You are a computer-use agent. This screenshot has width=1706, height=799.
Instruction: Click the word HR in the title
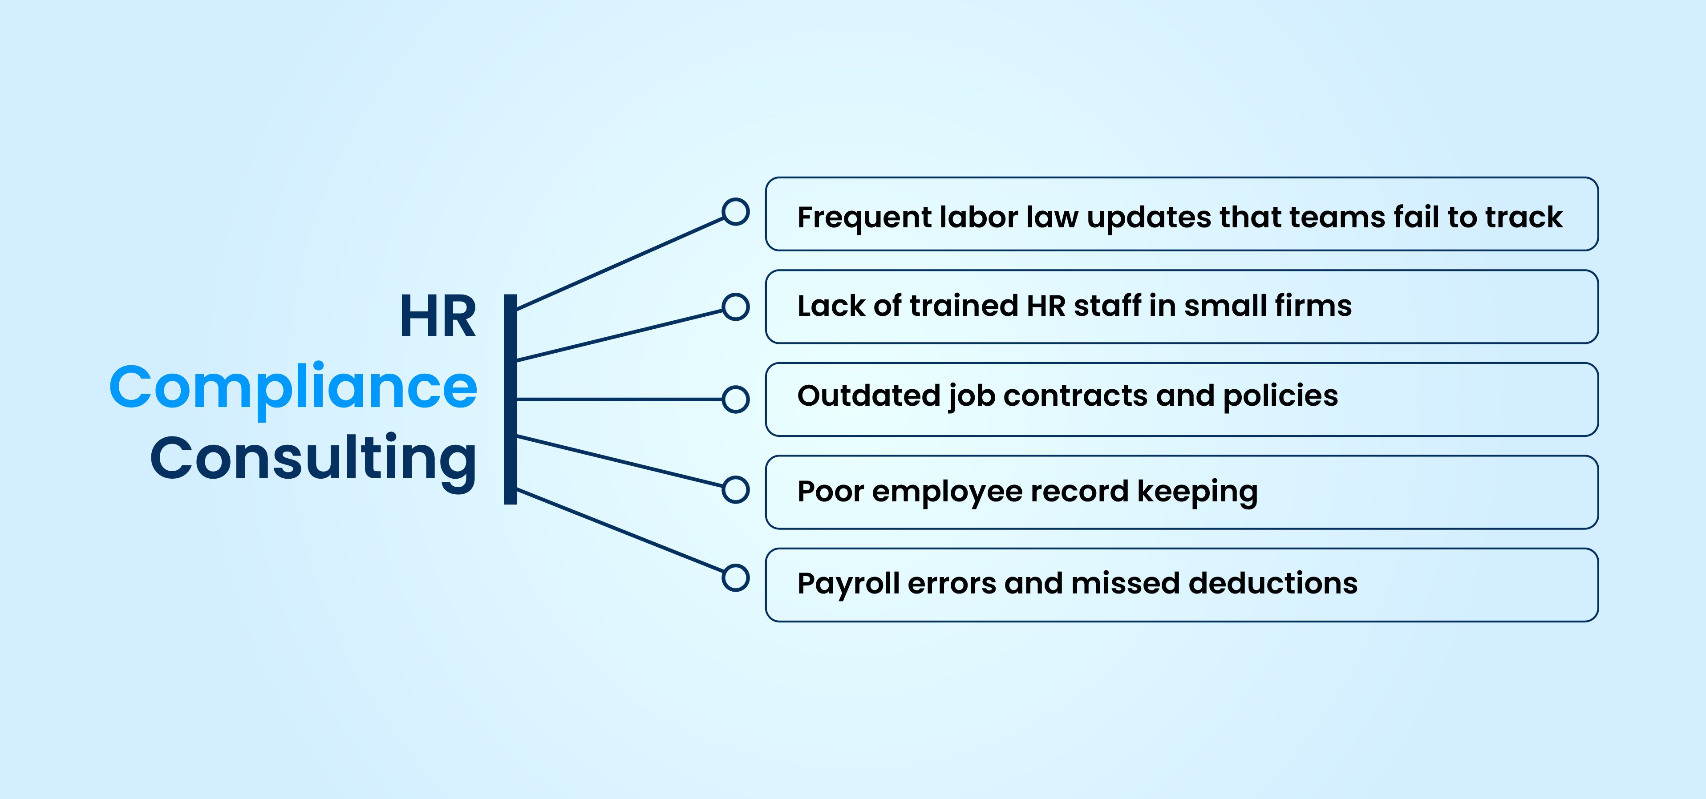coord(438,316)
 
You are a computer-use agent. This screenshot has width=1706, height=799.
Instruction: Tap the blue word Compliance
coord(293,389)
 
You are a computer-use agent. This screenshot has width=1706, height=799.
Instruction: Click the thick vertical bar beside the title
coord(510,399)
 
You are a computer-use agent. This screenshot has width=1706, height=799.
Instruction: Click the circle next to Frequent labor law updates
coord(735,212)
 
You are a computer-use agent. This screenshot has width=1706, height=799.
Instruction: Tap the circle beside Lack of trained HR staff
coord(735,307)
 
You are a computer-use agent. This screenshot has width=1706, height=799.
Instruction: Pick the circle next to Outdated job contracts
coord(735,399)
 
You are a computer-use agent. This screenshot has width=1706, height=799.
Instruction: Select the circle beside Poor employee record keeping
coord(735,490)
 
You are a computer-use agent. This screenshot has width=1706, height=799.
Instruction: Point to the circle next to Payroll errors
coord(735,577)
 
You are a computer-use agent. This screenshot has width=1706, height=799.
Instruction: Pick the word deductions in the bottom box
coord(1273,583)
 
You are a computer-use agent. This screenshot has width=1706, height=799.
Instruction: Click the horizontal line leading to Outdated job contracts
coord(619,399)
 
